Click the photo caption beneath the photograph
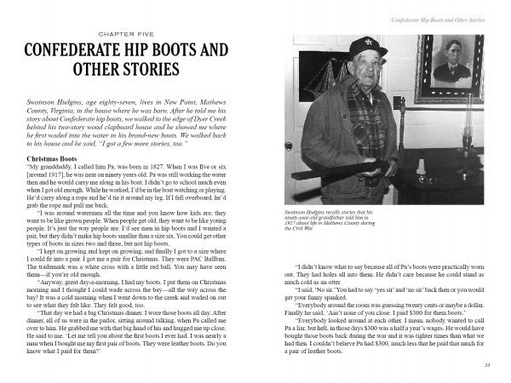coord(336,218)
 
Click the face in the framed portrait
coord(458,60)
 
